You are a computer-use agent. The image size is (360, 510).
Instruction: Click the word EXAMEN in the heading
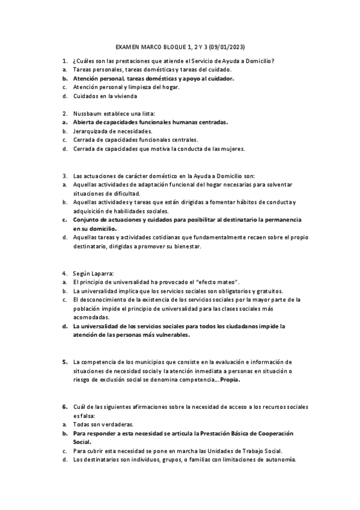[127, 47]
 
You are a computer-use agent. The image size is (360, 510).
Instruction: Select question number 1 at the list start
[64, 61]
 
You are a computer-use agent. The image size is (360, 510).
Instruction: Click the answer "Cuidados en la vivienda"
[105, 96]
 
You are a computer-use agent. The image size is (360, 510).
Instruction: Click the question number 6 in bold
[64, 407]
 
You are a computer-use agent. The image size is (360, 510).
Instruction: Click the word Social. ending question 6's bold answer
[82, 441]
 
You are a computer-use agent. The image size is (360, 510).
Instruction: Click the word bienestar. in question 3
[185, 247]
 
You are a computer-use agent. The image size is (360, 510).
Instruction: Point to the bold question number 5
[64, 362]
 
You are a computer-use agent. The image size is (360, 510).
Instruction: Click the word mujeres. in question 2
[230, 149]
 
